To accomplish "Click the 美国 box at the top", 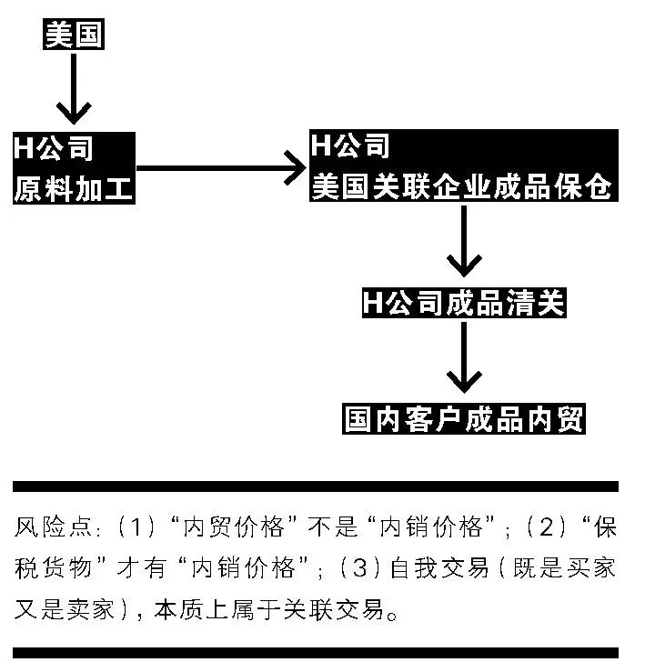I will point(75,35).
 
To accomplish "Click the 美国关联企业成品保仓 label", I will point(462,187).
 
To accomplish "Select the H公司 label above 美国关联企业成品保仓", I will point(350,145).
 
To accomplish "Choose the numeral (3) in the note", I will point(358,569).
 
